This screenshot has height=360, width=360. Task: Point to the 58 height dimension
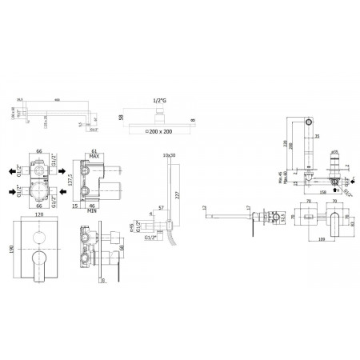point(121,114)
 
